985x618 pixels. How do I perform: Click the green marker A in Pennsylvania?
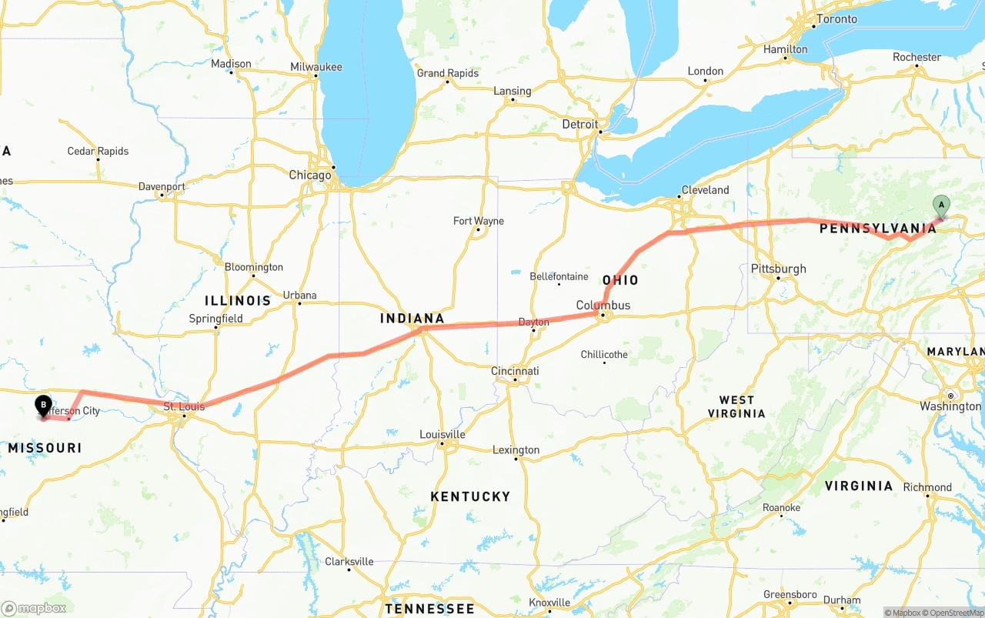coord(940,205)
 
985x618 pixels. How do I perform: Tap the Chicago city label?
coord(310,175)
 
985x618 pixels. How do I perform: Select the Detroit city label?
coord(579,124)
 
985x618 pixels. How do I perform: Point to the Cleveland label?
coord(705,190)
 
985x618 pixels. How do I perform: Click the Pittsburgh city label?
coord(779,269)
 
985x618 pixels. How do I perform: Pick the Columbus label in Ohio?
coord(603,306)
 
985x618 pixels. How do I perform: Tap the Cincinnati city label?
coord(515,371)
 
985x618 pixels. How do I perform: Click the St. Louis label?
coord(184,406)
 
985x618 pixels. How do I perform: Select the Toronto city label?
coord(836,19)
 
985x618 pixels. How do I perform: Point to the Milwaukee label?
coord(316,67)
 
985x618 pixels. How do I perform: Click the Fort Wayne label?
coord(479,221)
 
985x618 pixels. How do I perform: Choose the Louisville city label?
coord(442,434)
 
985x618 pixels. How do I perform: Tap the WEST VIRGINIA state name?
coord(736,406)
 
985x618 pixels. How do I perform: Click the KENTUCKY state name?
coord(470,496)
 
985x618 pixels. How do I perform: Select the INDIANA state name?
coord(412,318)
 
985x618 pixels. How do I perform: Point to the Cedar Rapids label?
coord(98,151)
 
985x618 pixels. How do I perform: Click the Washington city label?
coord(950,406)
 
